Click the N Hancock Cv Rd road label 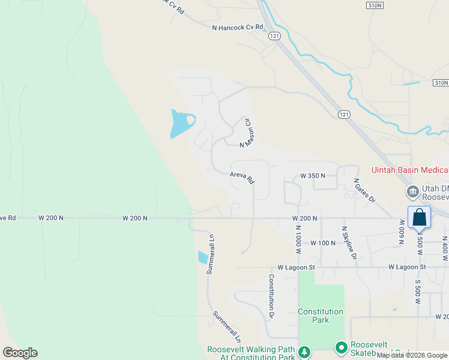[x=238, y=28]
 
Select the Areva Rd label [x=242, y=178]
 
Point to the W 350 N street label [x=312, y=176]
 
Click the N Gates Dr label [x=364, y=190]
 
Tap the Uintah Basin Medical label [x=410, y=171]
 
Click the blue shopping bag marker [x=419, y=217]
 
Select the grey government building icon [x=412, y=192]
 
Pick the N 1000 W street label [x=298, y=238]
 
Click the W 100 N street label [x=322, y=243]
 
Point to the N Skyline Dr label [x=349, y=242]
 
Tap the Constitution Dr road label [x=271, y=296]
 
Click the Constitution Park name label [x=321, y=316]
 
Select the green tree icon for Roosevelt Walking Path [x=305, y=351]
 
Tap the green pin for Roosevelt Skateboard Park [x=342, y=348]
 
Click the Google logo [x=20, y=353]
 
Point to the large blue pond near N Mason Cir [x=180, y=123]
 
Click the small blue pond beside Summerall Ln [x=203, y=258]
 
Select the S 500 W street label [x=418, y=290]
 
